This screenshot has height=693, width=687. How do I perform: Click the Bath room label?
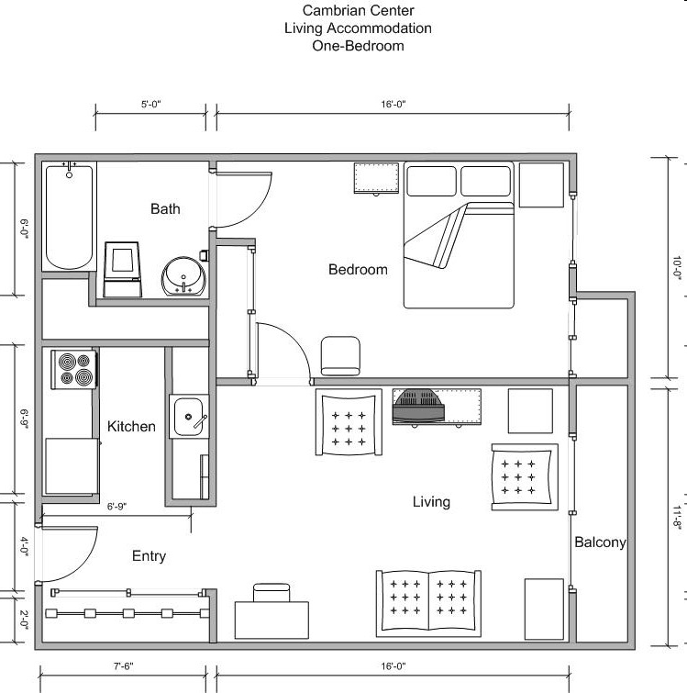[x=165, y=209]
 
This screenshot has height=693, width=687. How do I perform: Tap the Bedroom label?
[x=358, y=270]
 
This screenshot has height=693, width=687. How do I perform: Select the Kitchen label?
[x=131, y=427]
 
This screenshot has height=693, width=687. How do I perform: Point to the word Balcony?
[x=600, y=542]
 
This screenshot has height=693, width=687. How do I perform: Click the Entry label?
[x=149, y=556]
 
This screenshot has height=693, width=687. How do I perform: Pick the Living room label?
[x=431, y=502]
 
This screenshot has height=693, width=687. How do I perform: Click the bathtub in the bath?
[x=70, y=217]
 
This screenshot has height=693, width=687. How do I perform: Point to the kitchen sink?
[x=191, y=418]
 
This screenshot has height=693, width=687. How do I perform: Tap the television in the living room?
[x=418, y=407]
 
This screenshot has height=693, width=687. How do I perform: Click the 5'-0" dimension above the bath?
[x=151, y=106]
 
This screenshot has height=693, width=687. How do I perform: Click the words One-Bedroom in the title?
[x=358, y=46]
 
